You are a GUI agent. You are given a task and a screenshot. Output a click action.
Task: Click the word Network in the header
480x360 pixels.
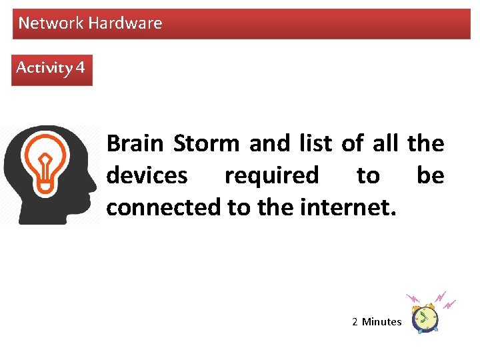[x=51, y=23]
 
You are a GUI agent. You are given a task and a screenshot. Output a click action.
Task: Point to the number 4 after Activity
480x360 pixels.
[x=81, y=68]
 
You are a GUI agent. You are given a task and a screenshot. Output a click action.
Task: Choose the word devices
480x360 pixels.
[x=147, y=175]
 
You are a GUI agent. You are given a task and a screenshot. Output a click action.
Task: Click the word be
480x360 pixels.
[x=430, y=175]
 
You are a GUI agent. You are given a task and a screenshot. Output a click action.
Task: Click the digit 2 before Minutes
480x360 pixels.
[x=355, y=322]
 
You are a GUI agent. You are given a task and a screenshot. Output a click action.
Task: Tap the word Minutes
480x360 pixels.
[x=382, y=322]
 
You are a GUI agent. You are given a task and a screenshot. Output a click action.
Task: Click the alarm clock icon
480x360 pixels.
[x=425, y=317]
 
